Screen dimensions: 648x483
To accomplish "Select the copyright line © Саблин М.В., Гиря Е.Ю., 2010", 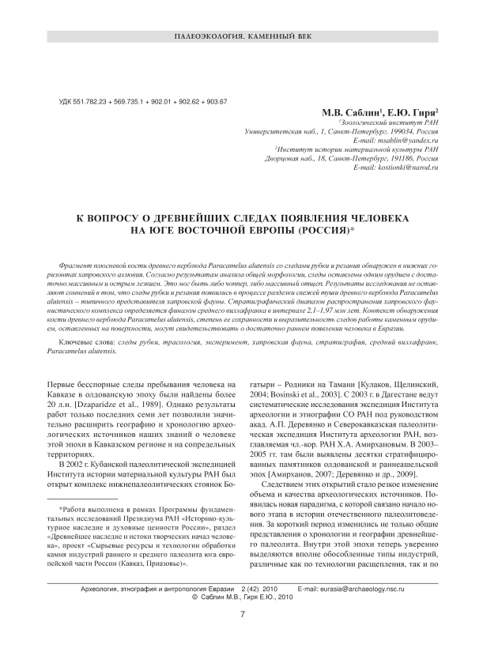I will pyautogui.click(x=242, y=598).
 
